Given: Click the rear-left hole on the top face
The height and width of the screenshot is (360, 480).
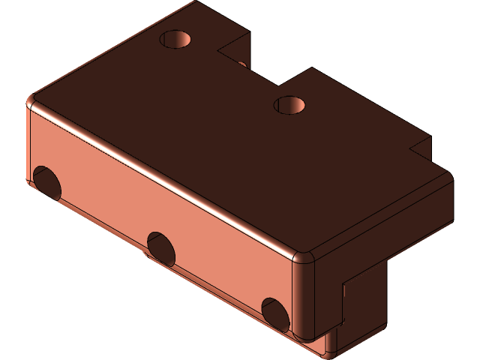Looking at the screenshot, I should coord(177,39).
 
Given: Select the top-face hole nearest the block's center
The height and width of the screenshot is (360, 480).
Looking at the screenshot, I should coord(289,104).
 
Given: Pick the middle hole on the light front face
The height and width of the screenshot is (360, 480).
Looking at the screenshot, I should coord(161,247).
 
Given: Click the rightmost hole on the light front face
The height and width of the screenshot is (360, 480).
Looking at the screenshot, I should coord(274,312).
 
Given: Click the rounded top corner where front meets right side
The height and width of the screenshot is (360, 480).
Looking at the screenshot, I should coord(304,257).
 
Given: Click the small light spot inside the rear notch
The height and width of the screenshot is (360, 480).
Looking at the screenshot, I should coord(242,64).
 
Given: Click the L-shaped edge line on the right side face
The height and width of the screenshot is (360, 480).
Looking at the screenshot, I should coord(343,300).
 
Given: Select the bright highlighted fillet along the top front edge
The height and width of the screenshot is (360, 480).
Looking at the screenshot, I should coord(165,176).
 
